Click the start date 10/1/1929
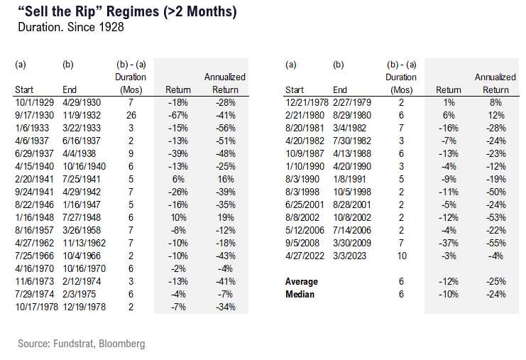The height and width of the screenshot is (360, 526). point(34,102)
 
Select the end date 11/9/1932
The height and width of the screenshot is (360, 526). point(82,115)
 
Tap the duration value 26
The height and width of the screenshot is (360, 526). point(131,115)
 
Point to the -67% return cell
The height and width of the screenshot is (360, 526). point(177,115)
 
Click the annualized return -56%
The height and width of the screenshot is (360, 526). point(226,128)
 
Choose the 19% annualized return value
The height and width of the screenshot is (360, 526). point(226,217)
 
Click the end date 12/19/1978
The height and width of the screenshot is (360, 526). point(84,307)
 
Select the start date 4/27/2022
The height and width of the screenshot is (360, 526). point(305,256)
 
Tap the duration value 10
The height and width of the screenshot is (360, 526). point(402,256)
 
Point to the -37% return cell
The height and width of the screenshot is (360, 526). point(449,243)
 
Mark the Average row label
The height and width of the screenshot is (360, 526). point(302,281)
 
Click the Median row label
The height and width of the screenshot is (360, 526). point(300,294)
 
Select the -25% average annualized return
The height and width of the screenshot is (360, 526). point(496,281)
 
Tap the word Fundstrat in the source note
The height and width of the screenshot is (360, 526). point(75,344)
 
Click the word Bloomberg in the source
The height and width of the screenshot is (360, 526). point(122,344)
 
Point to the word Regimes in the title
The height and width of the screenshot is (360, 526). point(133,12)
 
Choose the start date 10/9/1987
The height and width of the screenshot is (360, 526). point(305,153)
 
